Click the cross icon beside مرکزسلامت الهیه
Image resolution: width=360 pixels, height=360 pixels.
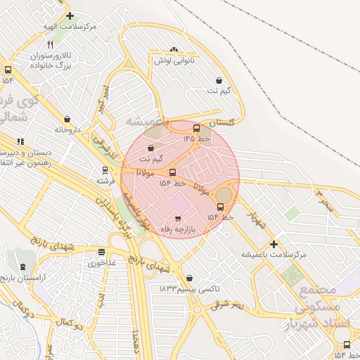tap(70, 15)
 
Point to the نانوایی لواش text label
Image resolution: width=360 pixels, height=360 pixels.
tap(174, 60)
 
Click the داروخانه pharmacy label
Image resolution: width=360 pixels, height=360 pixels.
tap(67, 130)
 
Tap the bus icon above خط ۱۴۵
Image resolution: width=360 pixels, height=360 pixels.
tap(196, 128)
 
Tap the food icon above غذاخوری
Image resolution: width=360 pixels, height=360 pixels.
tap(102, 252)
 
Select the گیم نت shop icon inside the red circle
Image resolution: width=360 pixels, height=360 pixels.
tap(152, 148)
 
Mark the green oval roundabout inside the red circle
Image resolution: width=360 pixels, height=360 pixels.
tap(223, 194)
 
